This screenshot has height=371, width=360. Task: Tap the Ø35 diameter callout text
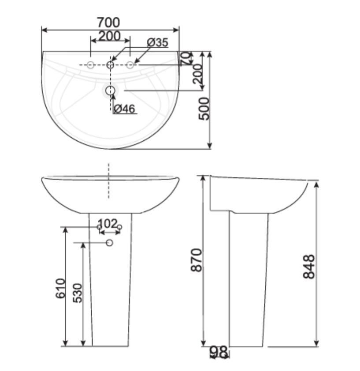[x=157, y=43]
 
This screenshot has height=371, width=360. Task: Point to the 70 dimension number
[x=186, y=58]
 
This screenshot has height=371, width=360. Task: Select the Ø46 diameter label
[x=124, y=109]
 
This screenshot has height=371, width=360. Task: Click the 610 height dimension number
[x=61, y=288]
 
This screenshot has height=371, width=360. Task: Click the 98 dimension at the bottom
[x=219, y=352]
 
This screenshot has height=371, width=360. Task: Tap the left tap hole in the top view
[x=90, y=65]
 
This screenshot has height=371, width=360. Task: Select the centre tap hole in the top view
[x=110, y=65]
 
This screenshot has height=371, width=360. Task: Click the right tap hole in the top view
[x=130, y=65]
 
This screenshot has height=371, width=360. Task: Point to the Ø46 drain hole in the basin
[x=110, y=90]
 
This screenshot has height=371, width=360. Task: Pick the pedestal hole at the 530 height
[x=110, y=242]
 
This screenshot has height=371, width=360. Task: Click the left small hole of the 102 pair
[x=100, y=227]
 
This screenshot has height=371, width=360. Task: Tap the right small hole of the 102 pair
[x=119, y=227]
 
